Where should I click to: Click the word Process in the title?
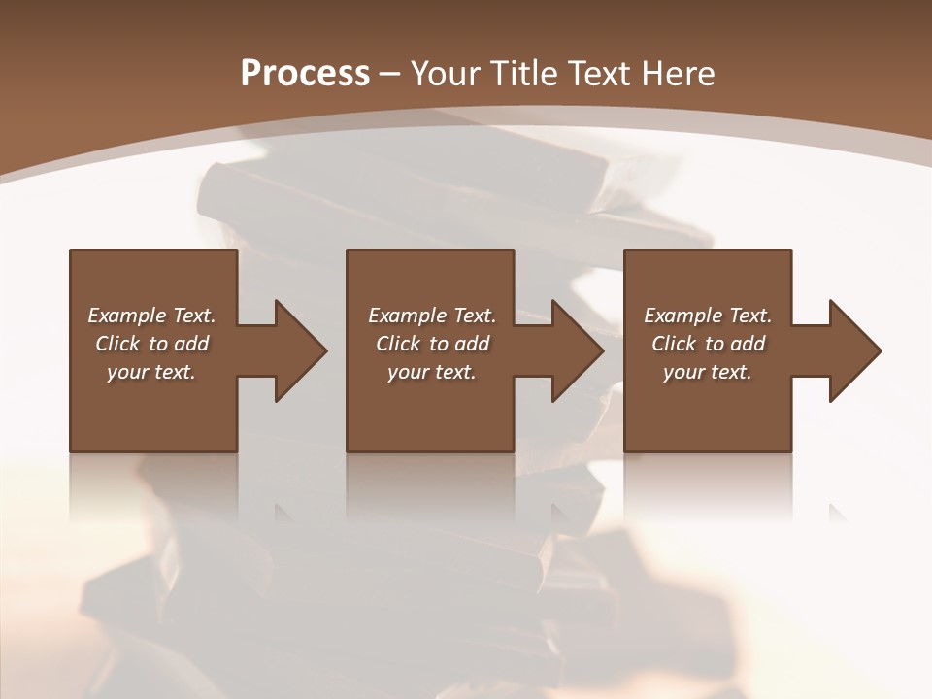[305, 74]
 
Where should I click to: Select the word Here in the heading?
[679, 74]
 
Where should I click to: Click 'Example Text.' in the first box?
[151, 316]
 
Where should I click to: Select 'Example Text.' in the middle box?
[432, 316]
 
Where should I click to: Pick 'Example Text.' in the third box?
[708, 316]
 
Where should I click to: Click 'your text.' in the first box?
[151, 372]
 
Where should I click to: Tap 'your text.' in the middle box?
[432, 372]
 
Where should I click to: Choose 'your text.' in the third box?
[708, 372]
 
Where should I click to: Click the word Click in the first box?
[117, 344]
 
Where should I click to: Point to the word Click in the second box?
[398, 344]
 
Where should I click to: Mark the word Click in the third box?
[674, 344]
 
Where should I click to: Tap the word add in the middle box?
[471, 344]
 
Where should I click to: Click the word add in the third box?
[747, 344]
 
